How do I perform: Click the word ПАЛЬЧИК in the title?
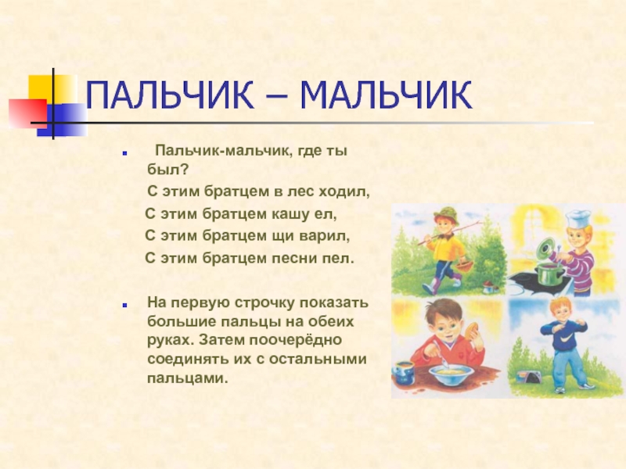tap(170, 95)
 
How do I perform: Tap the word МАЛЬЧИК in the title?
tap(386, 95)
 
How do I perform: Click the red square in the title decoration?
tap(28, 113)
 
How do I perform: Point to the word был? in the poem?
tap(167, 170)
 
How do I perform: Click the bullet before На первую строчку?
tap(125, 305)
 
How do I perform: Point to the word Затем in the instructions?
tap(221, 340)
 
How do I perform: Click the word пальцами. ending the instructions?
tap(188, 378)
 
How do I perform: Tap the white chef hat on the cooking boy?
tap(578, 218)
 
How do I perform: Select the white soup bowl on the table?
tap(452, 374)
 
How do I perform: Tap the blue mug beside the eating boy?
tap(403, 373)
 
